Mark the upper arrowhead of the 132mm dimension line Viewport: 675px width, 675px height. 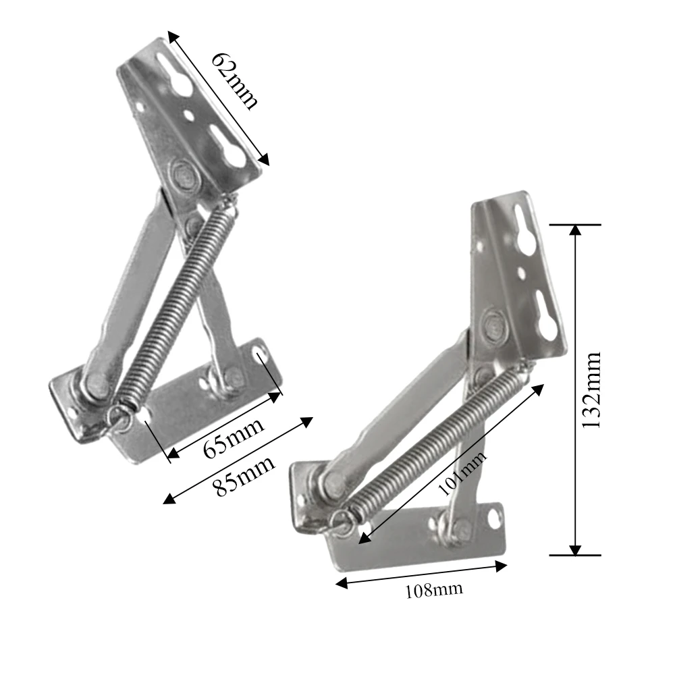574,230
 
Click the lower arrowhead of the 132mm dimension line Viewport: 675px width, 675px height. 574,549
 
